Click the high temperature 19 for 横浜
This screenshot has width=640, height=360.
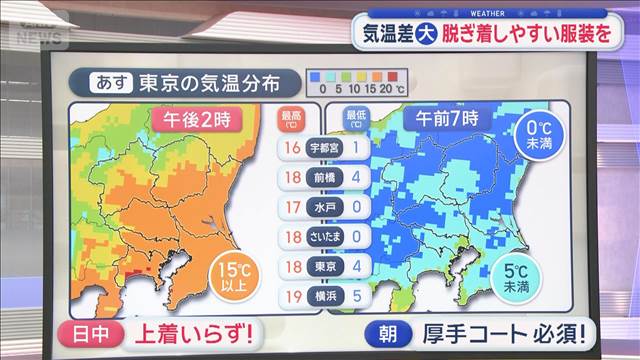(292, 297)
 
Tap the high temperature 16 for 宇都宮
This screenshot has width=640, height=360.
(292, 148)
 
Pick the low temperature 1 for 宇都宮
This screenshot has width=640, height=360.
(356, 148)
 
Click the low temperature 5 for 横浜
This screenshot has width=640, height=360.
(356, 297)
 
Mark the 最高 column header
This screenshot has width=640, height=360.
(293, 119)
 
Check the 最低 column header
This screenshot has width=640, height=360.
(355, 119)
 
